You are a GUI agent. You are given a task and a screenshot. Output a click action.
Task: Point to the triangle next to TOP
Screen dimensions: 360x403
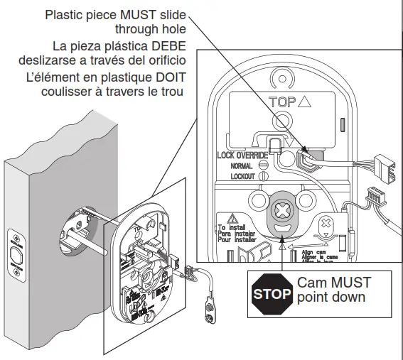click(x=306, y=102)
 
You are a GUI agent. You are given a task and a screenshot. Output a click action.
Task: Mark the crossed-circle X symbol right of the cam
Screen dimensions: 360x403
click(x=326, y=227)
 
